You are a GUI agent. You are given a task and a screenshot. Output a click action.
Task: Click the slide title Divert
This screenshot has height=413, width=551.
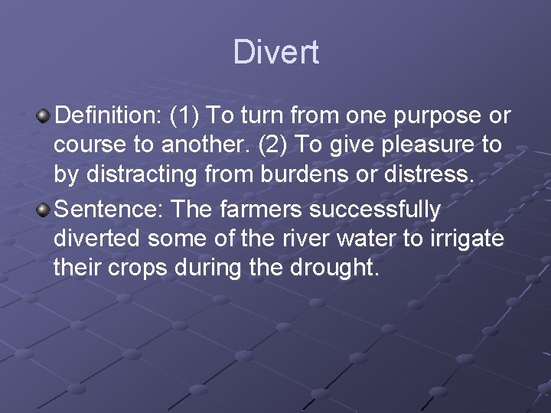[x=275, y=53]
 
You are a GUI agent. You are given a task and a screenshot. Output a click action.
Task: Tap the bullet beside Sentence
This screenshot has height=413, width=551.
[x=44, y=209]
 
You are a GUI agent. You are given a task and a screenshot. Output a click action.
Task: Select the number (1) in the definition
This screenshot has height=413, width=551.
[x=185, y=116]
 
